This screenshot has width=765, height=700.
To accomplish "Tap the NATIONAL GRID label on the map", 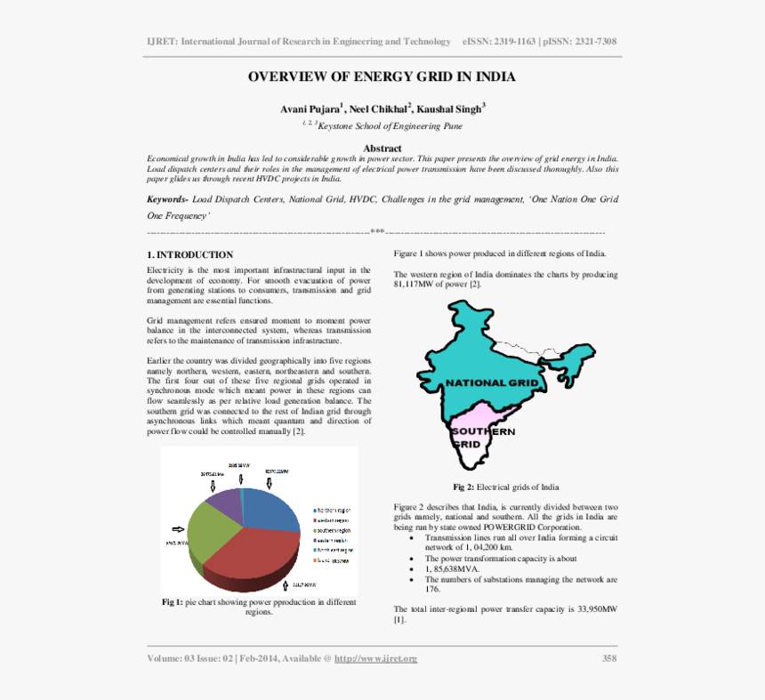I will coord(492,382).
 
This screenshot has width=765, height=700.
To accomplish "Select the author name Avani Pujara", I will coord(309,109).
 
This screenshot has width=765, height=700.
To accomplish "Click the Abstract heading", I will coord(382,148).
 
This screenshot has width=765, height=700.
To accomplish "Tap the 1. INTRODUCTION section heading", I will coord(190,254).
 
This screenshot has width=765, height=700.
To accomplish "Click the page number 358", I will coord(609,658).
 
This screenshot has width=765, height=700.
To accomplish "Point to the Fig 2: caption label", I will coord(463,487).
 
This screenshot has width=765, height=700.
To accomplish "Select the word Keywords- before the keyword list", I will coord(167,200).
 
